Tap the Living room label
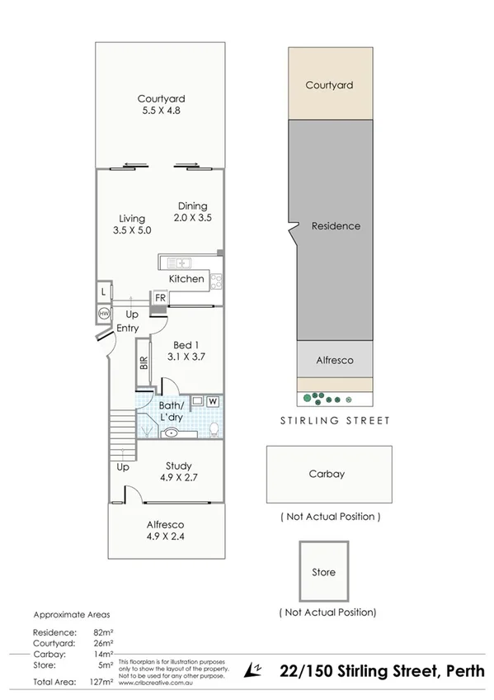tap(131, 225)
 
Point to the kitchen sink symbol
tap(179, 262)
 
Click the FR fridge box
tap(158, 298)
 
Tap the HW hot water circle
tap(104, 315)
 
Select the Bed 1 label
tap(186, 351)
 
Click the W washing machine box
tap(213, 401)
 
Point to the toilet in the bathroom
tap(214, 428)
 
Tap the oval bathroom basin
tap(172, 432)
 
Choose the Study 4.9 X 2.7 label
tap(179, 471)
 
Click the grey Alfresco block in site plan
tap(334, 361)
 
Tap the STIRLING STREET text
tap(334, 420)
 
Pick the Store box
tap(323, 571)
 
